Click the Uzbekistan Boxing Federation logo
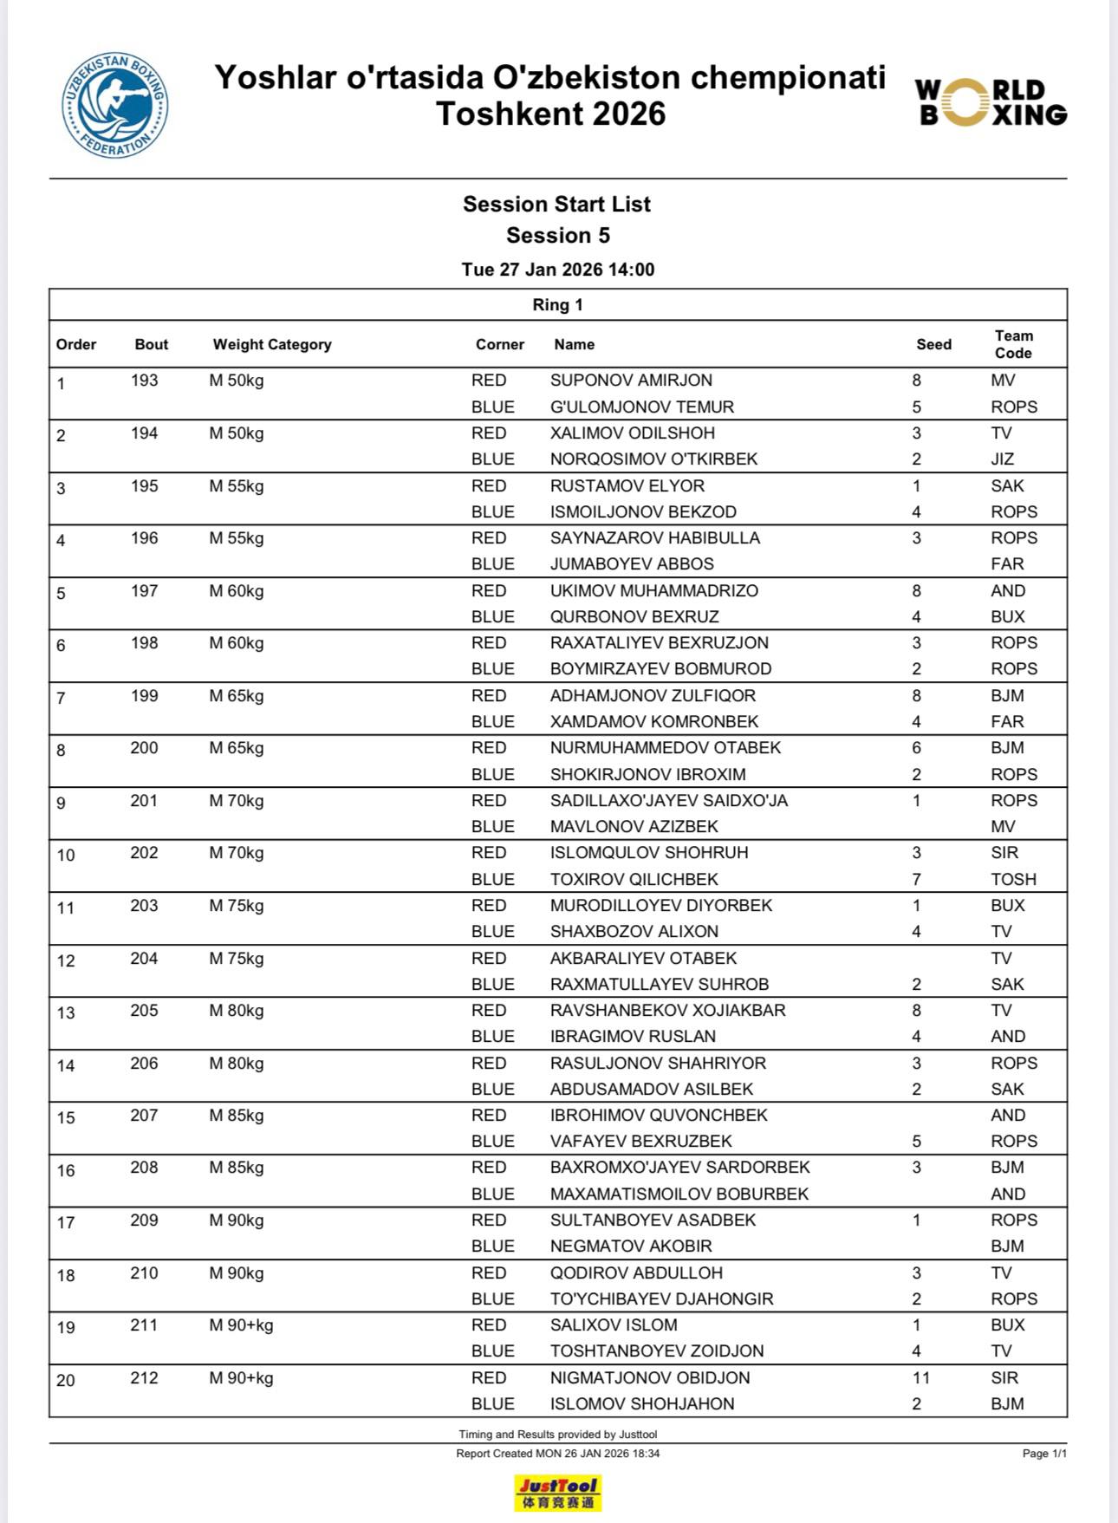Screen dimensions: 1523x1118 (115, 106)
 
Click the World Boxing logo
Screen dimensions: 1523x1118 (991, 103)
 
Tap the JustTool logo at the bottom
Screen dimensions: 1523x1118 (557, 1493)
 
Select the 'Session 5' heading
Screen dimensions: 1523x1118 (558, 236)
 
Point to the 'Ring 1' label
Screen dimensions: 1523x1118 (557, 305)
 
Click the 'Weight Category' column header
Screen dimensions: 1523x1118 (272, 345)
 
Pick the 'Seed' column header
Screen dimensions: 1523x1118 (933, 345)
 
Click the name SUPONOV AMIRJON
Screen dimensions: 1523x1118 (631, 381)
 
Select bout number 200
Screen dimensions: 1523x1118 (144, 748)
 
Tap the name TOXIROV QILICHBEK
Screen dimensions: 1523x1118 (634, 879)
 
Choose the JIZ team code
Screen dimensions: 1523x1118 (1002, 459)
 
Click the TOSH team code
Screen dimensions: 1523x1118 (1013, 879)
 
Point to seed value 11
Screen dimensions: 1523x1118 (920, 1377)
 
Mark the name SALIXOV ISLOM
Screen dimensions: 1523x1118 (614, 1324)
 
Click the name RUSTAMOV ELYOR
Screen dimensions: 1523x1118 (627, 486)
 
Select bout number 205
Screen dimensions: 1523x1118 (144, 1011)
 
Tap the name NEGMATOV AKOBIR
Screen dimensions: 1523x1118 (631, 1246)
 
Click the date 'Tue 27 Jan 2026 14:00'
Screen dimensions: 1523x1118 (558, 270)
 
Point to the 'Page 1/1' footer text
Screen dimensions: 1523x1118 (1044, 1454)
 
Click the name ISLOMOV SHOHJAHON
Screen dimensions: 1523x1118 (642, 1403)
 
